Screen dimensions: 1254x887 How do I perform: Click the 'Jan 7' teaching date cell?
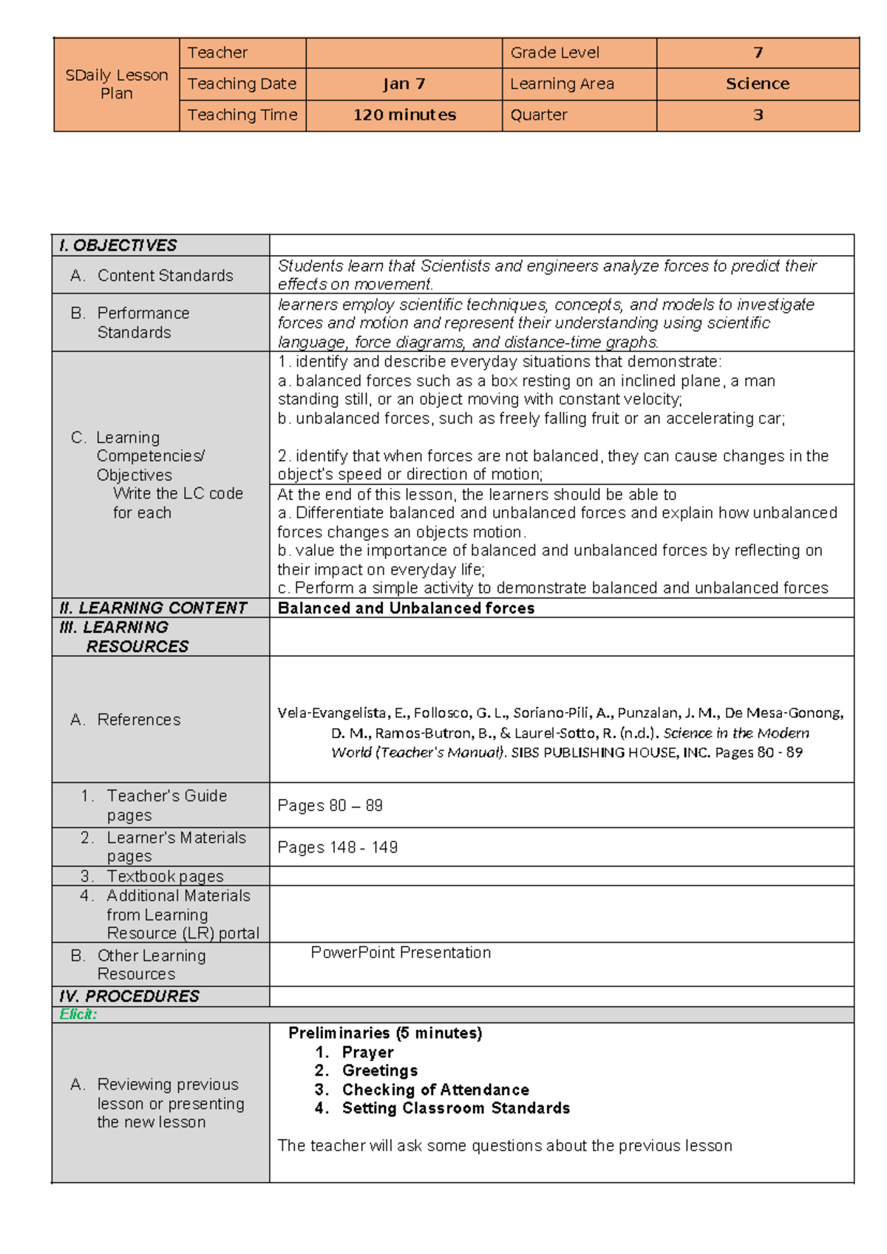pyautogui.click(x=404, y=84)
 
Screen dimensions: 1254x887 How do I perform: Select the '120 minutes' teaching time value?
pyautogui.click(x=404, y=115)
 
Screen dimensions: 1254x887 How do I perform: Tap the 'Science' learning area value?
pyautogui.click(x=757, y=84)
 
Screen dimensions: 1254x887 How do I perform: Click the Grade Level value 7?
pyautogui.click(x=757, y=53)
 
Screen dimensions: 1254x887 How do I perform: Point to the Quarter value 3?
pyautogui.click(x=757, y=115)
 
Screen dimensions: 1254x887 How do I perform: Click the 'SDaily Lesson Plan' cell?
pyautogui.click(x=117, y=84)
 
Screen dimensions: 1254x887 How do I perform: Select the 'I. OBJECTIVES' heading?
pyautogui.click(x=118, y=245)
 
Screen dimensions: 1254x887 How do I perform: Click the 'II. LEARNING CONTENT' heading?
pyautogui.click(x=152, y=608)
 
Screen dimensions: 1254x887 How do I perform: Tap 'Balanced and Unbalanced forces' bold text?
pyautogui.click(x=406, y=608)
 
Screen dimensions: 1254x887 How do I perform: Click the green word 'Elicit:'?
pyautogui.click(x=78, y=1014)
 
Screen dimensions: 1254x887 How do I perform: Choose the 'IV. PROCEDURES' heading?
pyautogui.click(x=129, y=996)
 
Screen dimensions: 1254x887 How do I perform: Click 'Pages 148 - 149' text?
pyautogui.click(x=337, y=847)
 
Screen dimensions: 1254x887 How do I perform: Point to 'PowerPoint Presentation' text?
pyautogui.click(x=400, y=952)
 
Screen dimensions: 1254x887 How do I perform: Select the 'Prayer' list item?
pyautogui.click(x=367, y=1052)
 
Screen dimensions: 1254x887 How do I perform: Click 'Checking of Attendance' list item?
pyautogui.click(x=435, y=1090)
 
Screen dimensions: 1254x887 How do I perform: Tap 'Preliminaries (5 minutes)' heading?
pyautogui.click(x=384, y=1033)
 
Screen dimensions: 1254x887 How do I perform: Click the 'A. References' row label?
pyautogui.click(x=126, y=719)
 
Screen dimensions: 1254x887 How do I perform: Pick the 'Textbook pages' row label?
pyautogui.click(x=164, y=876)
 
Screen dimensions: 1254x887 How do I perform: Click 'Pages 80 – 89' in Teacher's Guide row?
pyautogui.click(x=330, y=806)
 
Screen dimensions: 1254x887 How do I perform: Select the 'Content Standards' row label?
pyautogui.click(x=164, y=276)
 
